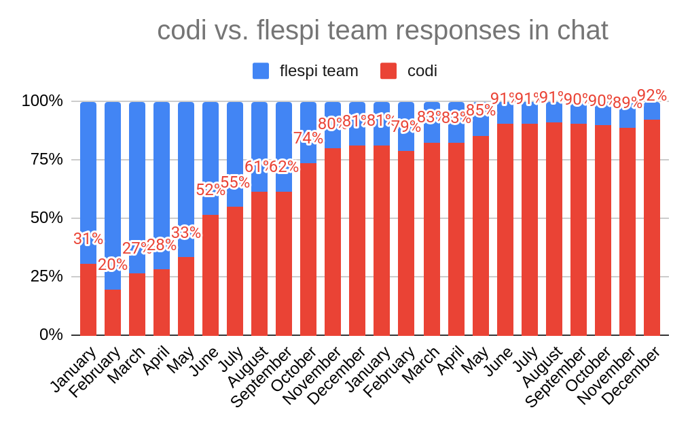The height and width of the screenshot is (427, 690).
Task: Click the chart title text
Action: point(382,31)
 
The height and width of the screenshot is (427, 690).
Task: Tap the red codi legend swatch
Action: point(388,71)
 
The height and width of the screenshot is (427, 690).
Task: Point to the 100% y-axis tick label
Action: point(42,101)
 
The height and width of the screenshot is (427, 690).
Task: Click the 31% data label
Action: point(88,239)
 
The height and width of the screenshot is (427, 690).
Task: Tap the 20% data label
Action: point(113,264)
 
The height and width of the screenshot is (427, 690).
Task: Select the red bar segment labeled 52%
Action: point(211,275)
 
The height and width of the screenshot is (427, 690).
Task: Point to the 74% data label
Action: point(308,138)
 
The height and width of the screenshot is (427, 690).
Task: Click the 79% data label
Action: point(406,126)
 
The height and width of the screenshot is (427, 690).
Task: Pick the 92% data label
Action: point(652,96)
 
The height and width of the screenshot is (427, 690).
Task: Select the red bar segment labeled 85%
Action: point(481,235)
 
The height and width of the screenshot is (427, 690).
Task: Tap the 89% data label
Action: point(628,103)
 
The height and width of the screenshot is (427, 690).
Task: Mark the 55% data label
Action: point(235,182)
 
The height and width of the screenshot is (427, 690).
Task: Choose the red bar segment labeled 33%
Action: point(186,296)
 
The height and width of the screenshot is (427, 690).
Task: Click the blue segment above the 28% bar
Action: point(162,170)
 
